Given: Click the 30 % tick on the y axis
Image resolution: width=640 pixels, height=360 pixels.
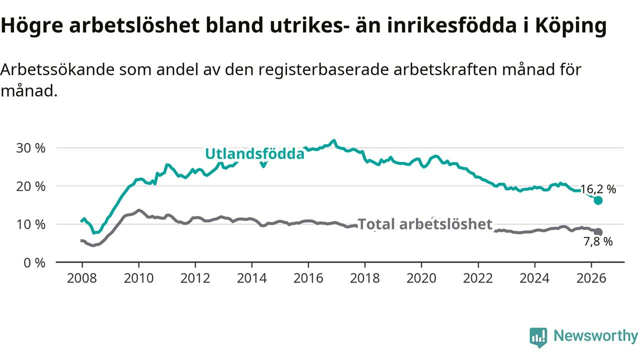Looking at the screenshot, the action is tap(30, 148).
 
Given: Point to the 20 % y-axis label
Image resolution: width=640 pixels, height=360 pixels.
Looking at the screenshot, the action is tap(30, 186).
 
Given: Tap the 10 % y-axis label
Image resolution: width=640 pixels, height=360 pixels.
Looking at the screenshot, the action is tap(30, 224).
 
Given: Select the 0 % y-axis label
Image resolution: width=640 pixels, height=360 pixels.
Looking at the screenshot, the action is tap(34, 263).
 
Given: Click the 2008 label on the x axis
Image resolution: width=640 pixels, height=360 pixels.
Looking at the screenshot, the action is tap(82, 278).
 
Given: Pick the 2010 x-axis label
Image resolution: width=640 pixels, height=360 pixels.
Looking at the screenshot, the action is tap(138, 278).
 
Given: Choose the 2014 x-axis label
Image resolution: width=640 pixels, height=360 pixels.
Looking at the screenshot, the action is tap(251, 278).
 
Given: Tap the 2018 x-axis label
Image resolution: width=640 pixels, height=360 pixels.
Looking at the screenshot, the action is tap(365, 278).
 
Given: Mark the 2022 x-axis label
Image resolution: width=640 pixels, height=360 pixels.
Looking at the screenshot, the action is tap(478, 278).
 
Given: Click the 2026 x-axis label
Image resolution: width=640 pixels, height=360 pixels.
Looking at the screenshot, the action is tap(591, 278).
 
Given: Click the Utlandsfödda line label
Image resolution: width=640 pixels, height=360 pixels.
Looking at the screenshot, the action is tap(255, 153).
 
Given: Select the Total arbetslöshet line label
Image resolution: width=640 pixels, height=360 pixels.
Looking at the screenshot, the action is tap(425, 224).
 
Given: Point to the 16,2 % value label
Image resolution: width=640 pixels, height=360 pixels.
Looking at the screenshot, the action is tap(598, 189).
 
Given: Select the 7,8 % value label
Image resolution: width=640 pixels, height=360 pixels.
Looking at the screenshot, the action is tap(598, 241).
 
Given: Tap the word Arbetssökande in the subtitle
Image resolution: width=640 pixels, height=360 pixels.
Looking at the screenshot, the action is tap(57, 69).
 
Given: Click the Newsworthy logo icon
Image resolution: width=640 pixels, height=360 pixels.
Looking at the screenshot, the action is tap(538, 337).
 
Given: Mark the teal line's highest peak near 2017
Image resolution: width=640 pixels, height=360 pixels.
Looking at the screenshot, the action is tap(333, 140).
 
